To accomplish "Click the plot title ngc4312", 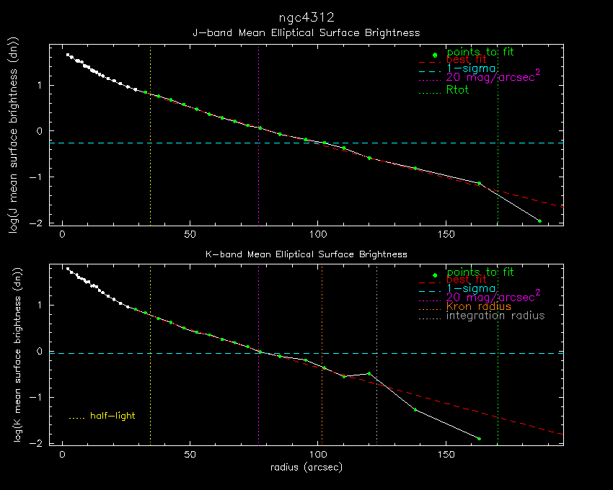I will (306, 17).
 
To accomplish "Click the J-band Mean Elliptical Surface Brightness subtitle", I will (306, 33).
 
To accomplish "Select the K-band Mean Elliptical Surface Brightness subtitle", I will (306, 254).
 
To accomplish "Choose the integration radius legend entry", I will (495, 316).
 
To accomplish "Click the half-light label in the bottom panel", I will (113, 416).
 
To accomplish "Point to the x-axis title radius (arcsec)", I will (306, 467).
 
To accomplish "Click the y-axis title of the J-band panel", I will (14, 134).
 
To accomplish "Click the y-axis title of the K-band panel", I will (14, 355).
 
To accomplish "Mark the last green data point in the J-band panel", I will (539, 220).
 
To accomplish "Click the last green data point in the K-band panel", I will (479, 438).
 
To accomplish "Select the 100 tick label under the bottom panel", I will (318, 455).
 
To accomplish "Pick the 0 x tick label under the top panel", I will (63, 235).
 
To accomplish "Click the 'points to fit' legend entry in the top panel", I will (480, 52).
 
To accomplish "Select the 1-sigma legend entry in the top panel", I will (470, 68).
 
